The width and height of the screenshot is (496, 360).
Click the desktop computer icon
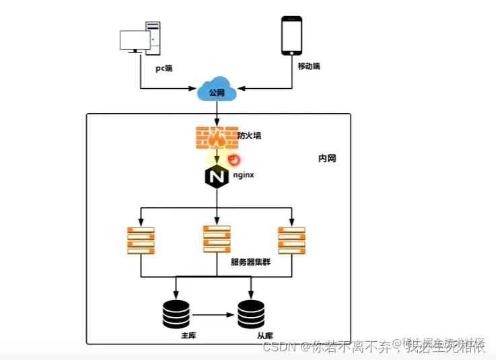[141, 38]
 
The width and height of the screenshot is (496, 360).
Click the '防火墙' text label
[249, 135]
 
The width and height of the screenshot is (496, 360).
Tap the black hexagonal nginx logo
[216, 178]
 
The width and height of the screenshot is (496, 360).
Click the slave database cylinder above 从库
[251, 312]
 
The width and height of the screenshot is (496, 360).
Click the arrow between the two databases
[213, 314]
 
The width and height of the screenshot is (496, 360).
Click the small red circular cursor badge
[234, 159]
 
